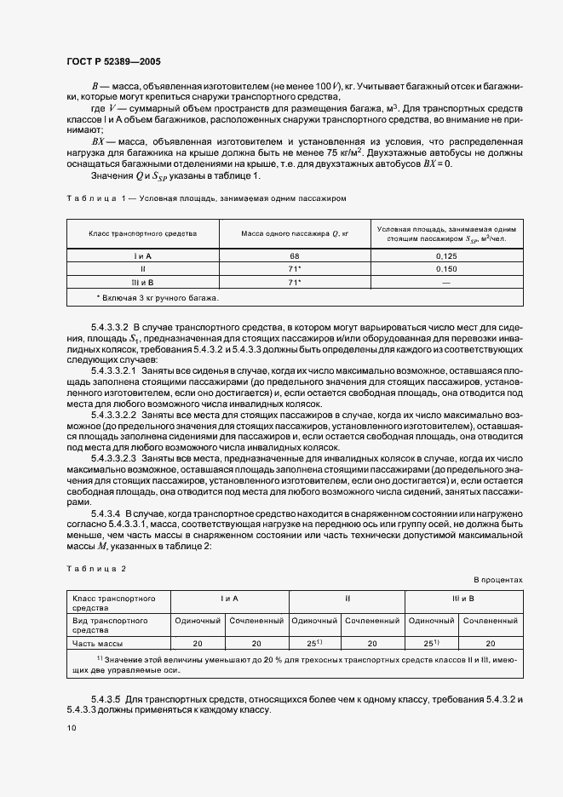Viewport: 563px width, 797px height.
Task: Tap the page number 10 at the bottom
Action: tap(71, 727)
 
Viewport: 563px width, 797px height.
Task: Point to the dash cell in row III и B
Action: tap(446, 282)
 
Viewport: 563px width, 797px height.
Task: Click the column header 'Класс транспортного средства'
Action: tap(143, 232)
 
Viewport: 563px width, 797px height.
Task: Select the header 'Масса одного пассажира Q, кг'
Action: tap(296, 232)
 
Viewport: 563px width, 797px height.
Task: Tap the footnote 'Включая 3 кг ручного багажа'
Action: tap(158, 297)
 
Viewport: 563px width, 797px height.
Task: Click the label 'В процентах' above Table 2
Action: tap(497, 579)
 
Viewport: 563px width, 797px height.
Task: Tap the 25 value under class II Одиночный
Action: tap(313, 644)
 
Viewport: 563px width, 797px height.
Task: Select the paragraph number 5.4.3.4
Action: tap(108, 516)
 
